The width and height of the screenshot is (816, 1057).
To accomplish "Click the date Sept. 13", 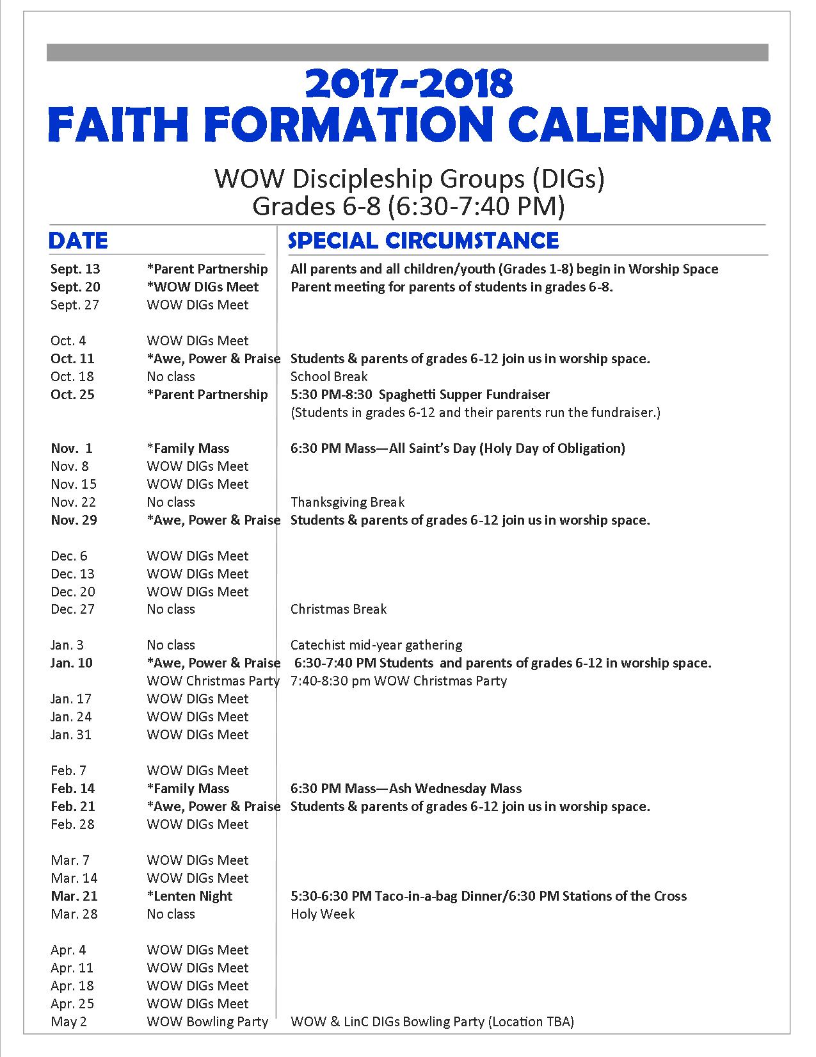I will click(76, 269).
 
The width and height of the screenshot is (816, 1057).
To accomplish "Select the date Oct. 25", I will click(72, 395).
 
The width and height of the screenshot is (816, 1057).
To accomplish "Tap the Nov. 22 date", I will click(73, 502).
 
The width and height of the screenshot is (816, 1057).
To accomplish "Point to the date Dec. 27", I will click(72, 609).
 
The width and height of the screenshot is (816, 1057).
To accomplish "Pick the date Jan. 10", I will click(72, 663).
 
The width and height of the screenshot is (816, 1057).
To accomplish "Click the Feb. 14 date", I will click(72, 789).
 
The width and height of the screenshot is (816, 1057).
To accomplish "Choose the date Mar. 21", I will click(74, 896).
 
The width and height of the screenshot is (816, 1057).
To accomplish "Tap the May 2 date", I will click(68, 1022).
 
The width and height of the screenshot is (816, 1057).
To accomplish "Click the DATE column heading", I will click(78, 241).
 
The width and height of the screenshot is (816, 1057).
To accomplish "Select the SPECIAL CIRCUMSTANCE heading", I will click(424, 241).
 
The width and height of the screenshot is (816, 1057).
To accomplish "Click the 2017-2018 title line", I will click(409, 85).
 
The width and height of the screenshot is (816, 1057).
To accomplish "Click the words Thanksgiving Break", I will click(348, 502).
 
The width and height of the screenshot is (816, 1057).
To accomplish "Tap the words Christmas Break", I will click(339, 609).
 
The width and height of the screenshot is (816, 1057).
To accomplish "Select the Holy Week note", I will click(323, 914).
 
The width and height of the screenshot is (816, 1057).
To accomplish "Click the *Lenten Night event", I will click(189, 896).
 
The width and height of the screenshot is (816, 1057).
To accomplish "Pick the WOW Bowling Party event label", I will click(207, 1022).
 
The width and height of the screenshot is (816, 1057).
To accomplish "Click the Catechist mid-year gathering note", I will click(376, 645).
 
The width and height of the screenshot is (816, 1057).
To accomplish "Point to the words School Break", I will click(329, 377).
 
